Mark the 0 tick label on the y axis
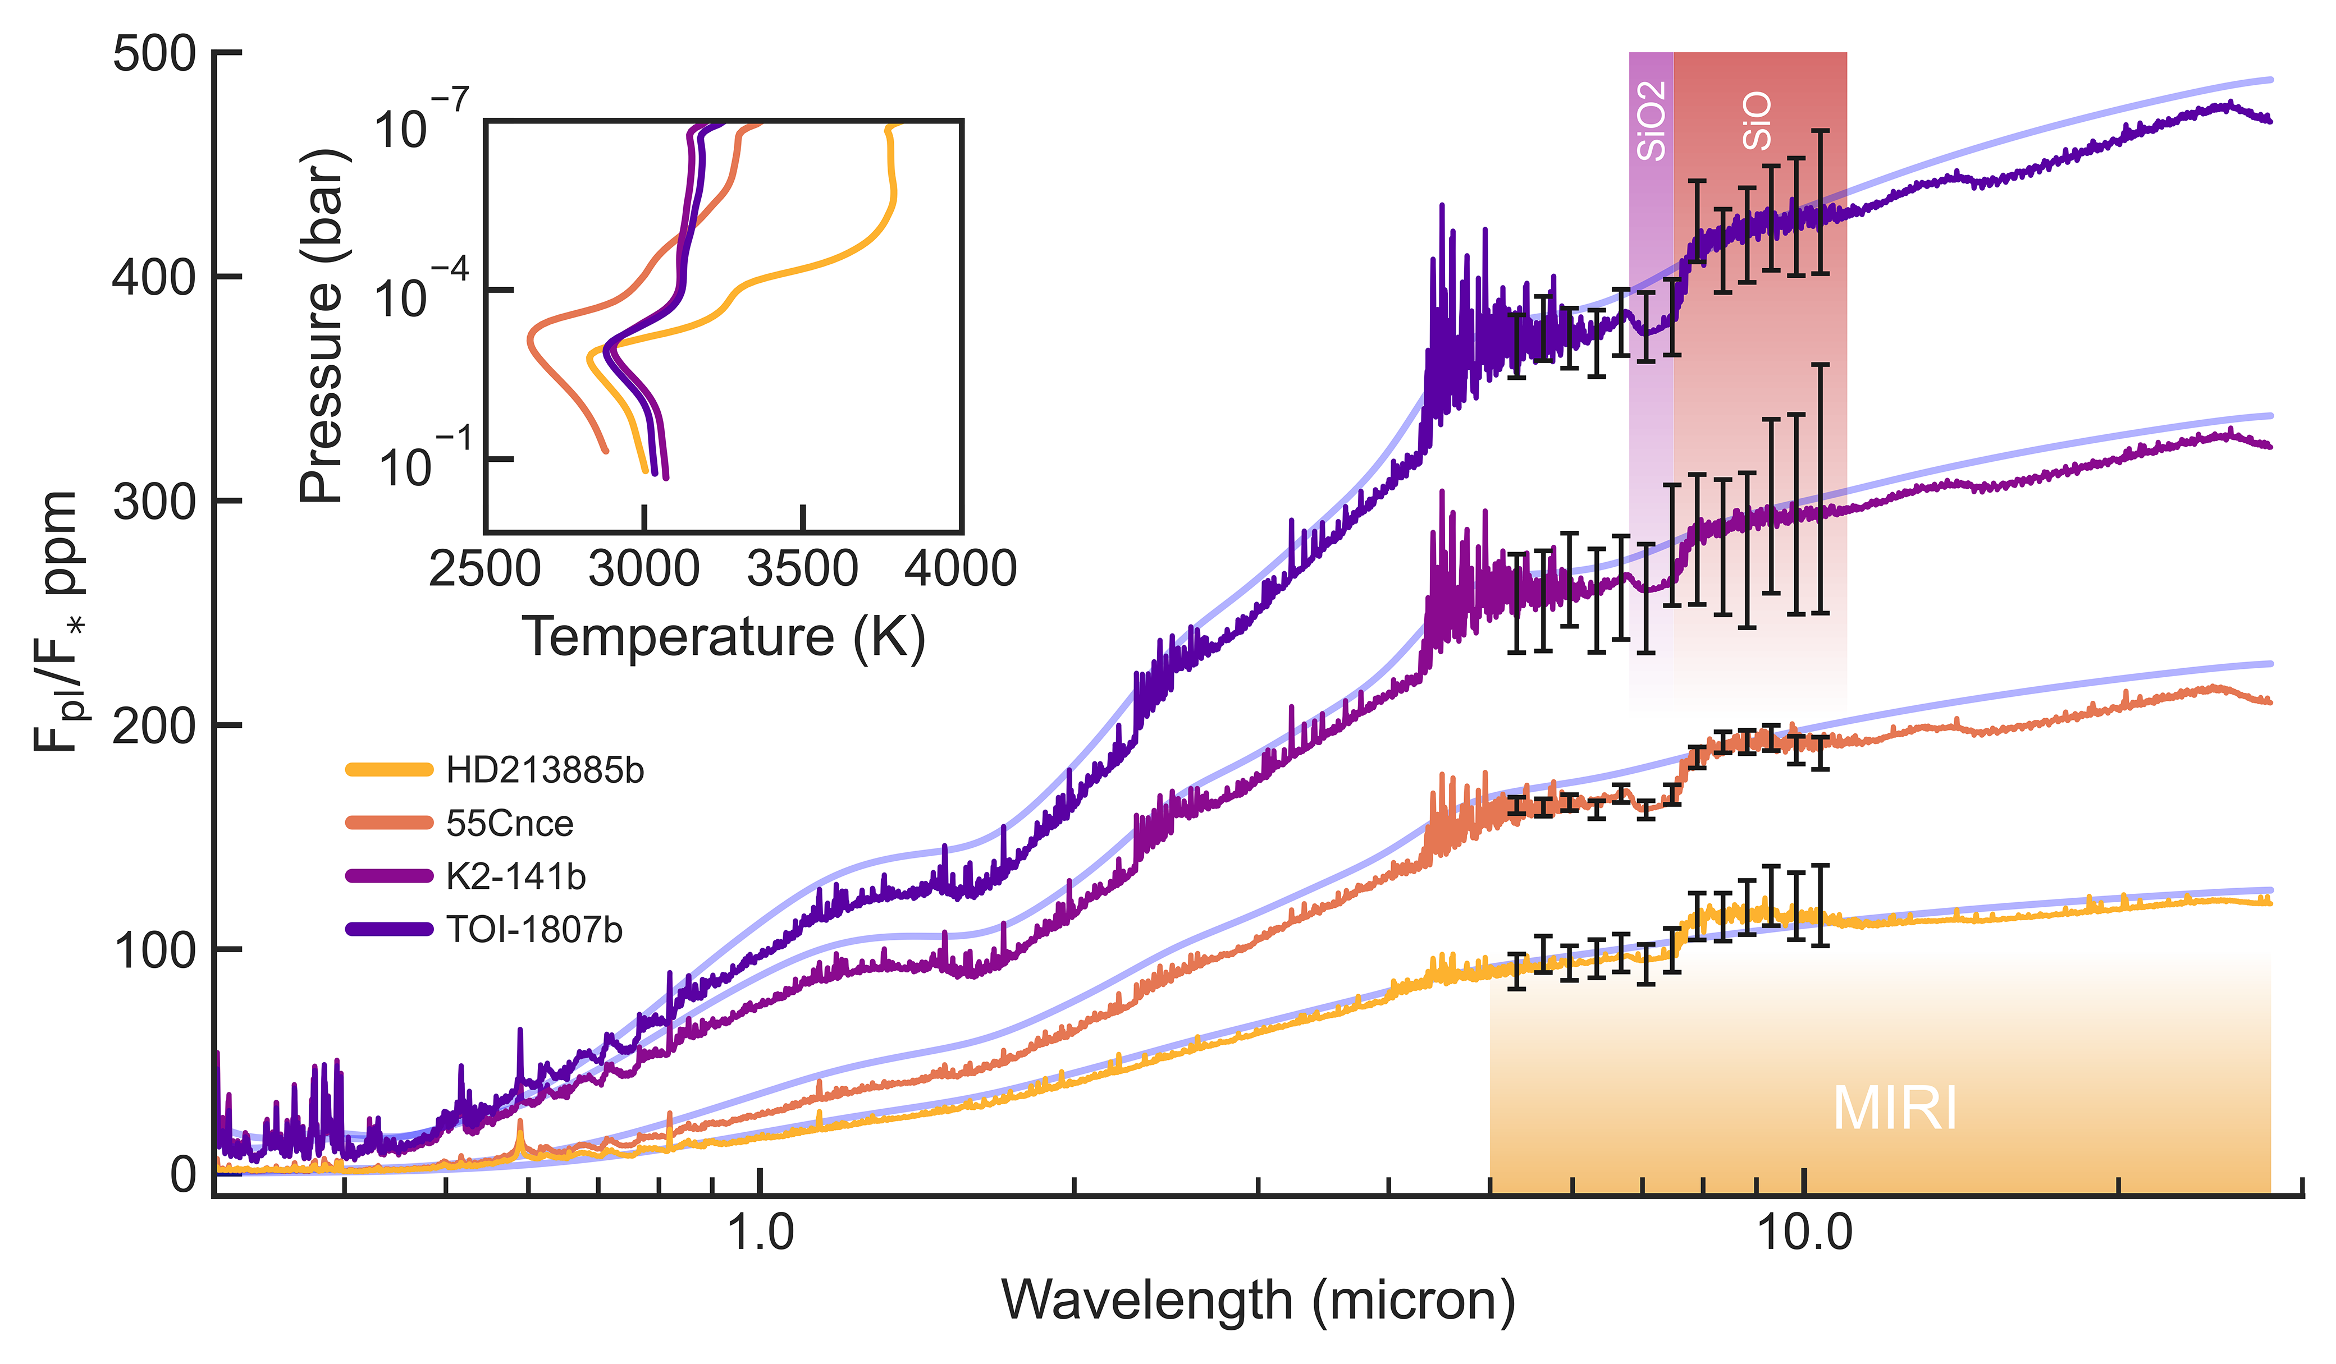(184, 1174)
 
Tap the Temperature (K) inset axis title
(724, 637)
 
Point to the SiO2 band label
(1652, 121)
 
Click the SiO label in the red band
(1757, 121)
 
